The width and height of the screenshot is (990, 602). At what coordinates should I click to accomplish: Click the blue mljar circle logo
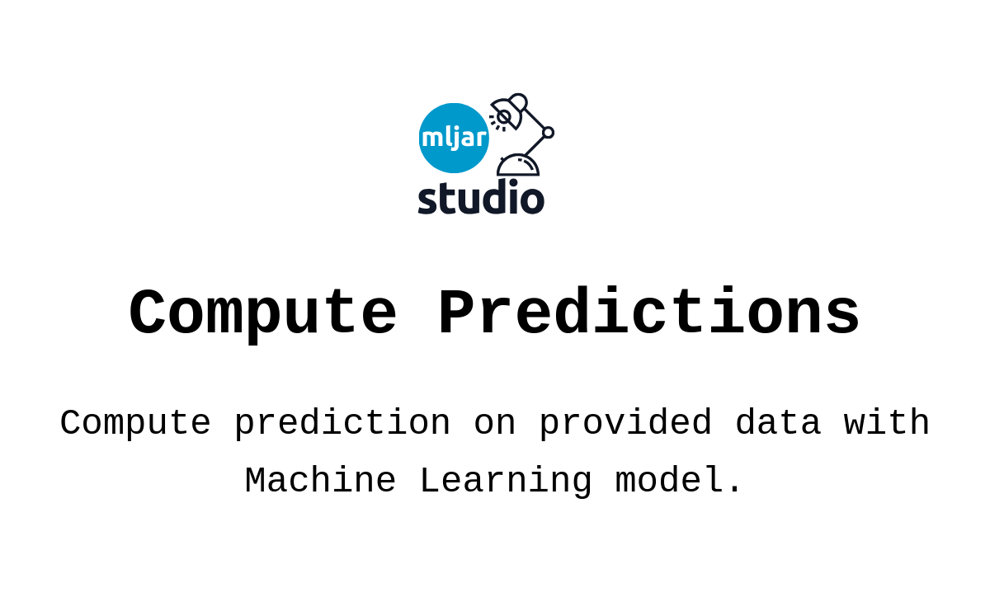tap(454, 138)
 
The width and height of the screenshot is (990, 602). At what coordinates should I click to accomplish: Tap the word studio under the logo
tap(481, 198)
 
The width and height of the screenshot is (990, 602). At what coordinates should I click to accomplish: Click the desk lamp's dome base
tap(518, 165)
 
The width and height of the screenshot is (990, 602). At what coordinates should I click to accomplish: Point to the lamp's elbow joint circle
tap(548, 132)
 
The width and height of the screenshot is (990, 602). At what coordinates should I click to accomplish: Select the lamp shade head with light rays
tap(507, 114)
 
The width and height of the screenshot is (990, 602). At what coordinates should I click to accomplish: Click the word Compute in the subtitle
tap(135, 424)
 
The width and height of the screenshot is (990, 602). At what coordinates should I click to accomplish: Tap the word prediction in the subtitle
tap(342, 424)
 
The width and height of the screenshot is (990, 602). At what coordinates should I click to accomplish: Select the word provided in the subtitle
tap(625, 424)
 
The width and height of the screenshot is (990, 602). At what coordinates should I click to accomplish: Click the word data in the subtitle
tap(778, 424)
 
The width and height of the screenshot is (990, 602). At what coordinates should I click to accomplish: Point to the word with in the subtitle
tap(887, 424)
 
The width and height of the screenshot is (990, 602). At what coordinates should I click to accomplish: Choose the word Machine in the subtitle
tap(320, 482)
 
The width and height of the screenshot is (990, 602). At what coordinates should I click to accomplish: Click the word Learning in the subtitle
tap(506, 482)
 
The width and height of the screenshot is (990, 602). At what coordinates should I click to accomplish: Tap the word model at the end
tap(668, 482)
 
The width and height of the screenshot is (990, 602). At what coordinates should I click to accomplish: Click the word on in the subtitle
tap(495, 424)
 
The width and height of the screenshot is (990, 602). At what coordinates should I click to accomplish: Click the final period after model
tap(734, 493)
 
